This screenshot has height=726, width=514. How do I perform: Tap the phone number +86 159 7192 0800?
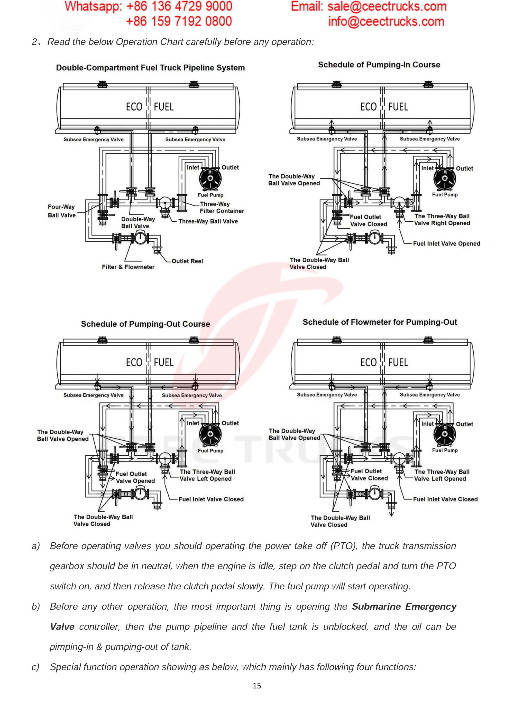pyautogui.click(x=179, y=22)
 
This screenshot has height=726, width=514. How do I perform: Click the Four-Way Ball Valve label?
pyautogui.click(x=62, y=211)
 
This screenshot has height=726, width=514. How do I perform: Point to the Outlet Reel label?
pyautogui.click(x=187, y=261)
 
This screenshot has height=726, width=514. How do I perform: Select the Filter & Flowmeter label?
pyautogui.click(x=128, y=267)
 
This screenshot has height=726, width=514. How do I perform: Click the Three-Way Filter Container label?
pyautogui.click(x=222, y=208)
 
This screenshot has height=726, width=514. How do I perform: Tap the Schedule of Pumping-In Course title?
pyautogui.click(x=379, y=65)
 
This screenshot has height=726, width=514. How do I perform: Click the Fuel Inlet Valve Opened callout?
pyautogui.click(x=446, y=243)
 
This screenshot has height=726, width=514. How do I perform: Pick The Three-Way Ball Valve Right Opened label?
pyautogui.click(x=442, y=220)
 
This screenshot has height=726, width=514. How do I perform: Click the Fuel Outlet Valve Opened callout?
pyautogui.click(x=135, y=477)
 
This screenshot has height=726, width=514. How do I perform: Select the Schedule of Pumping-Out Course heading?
pyautogui.click(x=145, y=324)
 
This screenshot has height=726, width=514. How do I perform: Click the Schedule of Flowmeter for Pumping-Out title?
pyautogui.click(x=380, y=322)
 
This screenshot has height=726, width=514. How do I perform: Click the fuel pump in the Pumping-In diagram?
pyautogui.click(x=445, y=179)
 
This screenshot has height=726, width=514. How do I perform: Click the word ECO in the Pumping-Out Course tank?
pyautogui.click(x=134, y=362)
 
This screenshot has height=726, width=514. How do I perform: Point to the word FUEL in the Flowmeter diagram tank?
pyautogui.click(x=398, y=362)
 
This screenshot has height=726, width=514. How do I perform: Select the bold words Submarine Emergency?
pyautogui.click(x=404, y=607)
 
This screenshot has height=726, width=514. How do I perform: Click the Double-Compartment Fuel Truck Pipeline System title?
pyautogui.click(x=150, y=68)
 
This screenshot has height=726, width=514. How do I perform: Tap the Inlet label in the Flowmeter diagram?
pyautogui.click(x=427, y=424)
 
